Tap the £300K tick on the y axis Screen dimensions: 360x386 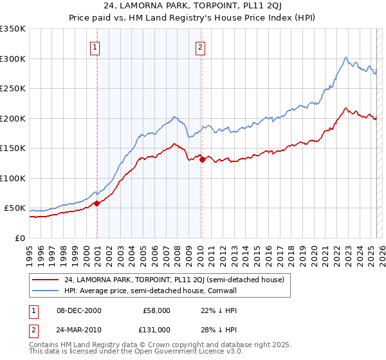click(x=12, y=59)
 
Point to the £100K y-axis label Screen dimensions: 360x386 click(x=12, y=178)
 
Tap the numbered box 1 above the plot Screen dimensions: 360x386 click(x=95, y=46)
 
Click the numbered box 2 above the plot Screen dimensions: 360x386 click(x=201, y=46)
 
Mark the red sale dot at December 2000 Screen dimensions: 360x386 click(x=96, y=203)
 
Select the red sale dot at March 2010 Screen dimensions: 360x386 click(x=202, y=159)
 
